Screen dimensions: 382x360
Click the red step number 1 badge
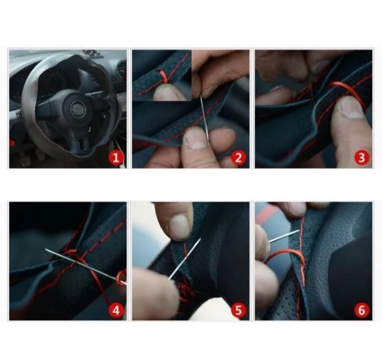click(x=116, y=158)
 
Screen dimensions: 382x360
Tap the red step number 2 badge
click(x=239, y=158)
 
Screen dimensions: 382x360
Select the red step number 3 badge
click(x=362, y=158)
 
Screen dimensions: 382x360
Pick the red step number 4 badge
click(x=116, y=310)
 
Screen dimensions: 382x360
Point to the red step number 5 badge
click(x=239, y=310)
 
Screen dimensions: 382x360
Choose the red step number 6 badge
click(x=362, y=310)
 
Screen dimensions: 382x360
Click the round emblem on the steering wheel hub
click(x=77, y=107)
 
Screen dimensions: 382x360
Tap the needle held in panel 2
click(x=204, y=117)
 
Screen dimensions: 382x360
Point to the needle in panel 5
click(x=185, y=259)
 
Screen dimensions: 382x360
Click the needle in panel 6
click(x=284, y=236)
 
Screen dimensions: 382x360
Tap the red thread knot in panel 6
click(x=302, y=263)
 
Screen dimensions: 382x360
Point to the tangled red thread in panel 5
click(x=186, y=289)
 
